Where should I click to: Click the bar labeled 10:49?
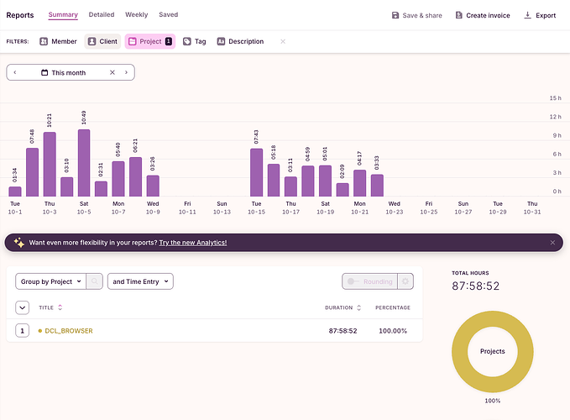click(x=84, y=163)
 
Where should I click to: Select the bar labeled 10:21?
click(x=50, y=165)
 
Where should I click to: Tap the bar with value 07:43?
click(x=257, y=172)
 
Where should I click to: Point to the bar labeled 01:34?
click(x=15, y=192)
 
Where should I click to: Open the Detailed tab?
click(x=102, y=15)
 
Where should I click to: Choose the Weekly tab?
click(x=137, y=15)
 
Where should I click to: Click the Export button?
click(x=540, y=15)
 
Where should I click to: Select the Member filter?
click(x=58, y=41)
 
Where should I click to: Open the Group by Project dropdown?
click(x=50, y=281)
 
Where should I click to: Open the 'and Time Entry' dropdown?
click(x=140, y=281)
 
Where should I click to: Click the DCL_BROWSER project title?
click(x=69, y=331)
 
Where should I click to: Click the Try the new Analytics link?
click(x=192, y=243)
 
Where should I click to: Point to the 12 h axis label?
click(x=555, y=117)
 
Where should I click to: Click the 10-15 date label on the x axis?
click(x=256, y=212)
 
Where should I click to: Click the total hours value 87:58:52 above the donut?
click(x=476, y=286)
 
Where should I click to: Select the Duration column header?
click(x=339, y=307)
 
